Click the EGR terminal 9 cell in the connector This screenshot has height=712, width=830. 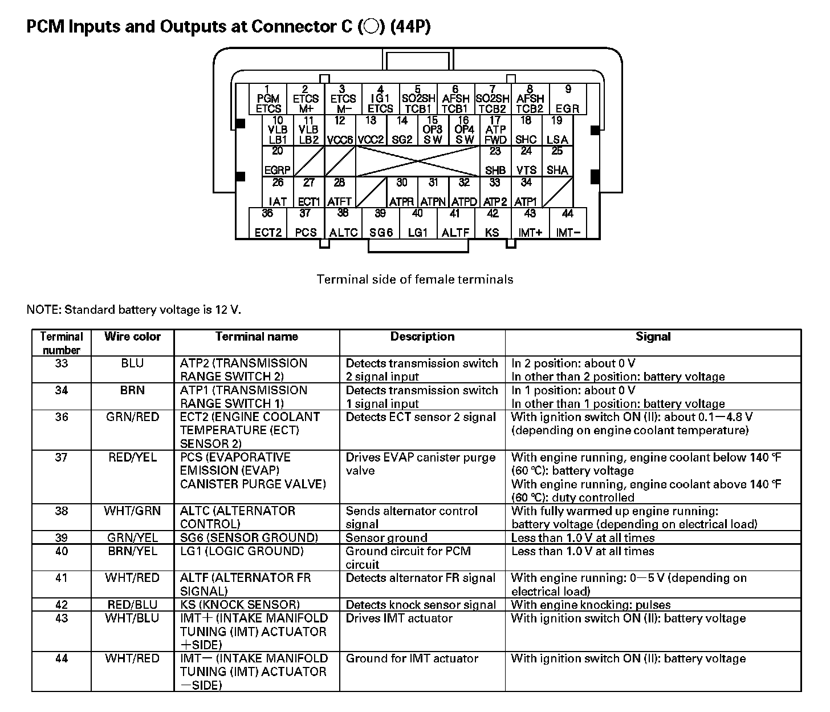567,99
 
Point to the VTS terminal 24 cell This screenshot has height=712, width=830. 526,161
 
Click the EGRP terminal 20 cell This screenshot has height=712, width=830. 278,161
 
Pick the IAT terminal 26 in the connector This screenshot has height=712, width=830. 278,192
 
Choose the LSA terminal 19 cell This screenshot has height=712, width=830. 557,130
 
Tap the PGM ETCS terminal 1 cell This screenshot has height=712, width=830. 268,99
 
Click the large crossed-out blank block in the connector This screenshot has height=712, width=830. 417,161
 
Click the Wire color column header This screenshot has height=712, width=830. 132,337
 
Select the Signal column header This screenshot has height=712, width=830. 653,337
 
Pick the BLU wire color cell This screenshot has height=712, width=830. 132,363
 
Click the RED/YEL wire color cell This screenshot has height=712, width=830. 132,458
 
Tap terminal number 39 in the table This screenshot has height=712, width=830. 61,538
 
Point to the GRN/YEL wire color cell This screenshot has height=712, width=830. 132,538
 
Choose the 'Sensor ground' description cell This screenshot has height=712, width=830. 386,538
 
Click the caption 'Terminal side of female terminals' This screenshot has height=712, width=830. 415,280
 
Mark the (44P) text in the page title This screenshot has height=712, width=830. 410,27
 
